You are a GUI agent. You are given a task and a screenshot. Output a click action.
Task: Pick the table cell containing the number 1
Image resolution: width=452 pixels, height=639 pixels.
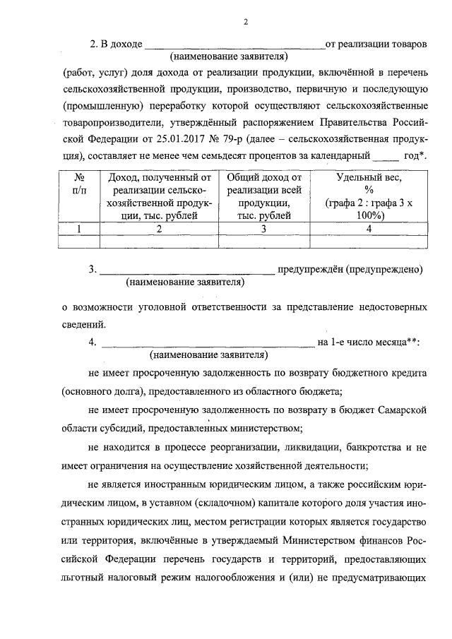tap(79, 229)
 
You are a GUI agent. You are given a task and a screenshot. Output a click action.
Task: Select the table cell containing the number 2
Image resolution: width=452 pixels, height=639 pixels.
tap(159, 229)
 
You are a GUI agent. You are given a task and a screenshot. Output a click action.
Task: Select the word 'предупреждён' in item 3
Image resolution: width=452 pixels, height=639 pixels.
tap(311, 269)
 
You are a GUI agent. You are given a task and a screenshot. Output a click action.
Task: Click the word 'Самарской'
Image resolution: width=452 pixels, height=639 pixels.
tap(403, 410)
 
